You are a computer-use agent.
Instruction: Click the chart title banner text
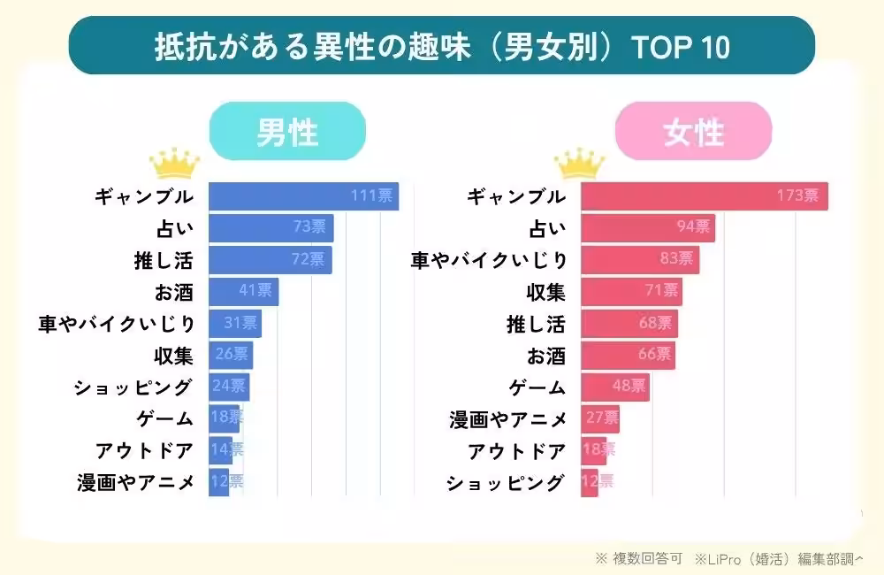tap(442, 46)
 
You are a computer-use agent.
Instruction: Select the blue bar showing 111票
tap(303, 196)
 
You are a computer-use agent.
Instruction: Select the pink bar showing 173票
tap(704, 196)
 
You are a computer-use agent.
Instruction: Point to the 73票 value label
tap(309, 228)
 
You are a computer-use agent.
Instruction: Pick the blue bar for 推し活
tap(270, 260)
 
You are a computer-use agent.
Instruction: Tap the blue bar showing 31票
tap(234, 324)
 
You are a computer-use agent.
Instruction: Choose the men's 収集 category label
tap(173, 356)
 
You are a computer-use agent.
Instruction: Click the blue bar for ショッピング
tap(229, 387)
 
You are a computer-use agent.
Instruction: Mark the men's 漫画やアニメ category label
tap(135, 483)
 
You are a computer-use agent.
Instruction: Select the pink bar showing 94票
tap(647, 228)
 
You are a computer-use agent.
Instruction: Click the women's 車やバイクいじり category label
tap(488, 260)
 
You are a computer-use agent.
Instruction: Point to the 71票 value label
tap(661, 292)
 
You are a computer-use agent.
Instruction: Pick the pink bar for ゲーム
tap(614, 387)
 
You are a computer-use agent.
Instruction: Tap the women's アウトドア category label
tap(517, 451)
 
